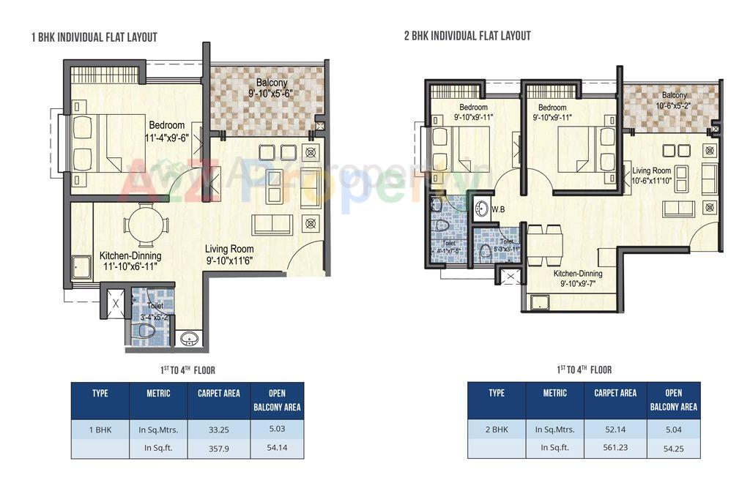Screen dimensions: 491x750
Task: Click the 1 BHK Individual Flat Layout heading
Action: tap(94, 37)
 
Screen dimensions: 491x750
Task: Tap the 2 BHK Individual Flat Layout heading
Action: tap(467, 36)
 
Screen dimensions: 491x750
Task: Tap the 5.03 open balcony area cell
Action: tap(277, 430)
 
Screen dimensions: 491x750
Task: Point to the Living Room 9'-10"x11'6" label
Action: tap(230, 254)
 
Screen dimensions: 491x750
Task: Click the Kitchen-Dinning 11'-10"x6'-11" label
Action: tap(130, 261)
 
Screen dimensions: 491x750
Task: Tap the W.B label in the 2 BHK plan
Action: tap(498, 209)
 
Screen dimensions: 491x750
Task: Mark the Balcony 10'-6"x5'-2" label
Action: tap(675, 100)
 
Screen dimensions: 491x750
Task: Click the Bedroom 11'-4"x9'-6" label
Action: tap(166, 130)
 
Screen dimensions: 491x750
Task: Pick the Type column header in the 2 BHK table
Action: tap(496, 393)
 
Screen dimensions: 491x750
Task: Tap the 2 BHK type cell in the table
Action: tap(496, 430)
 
